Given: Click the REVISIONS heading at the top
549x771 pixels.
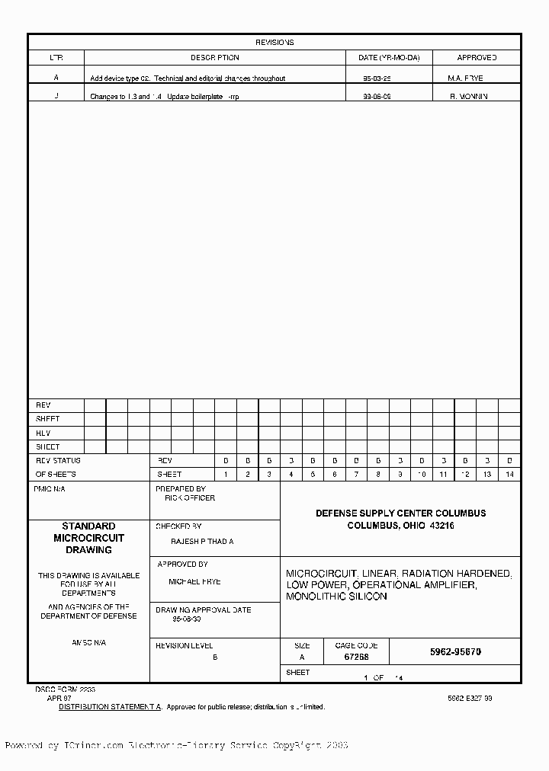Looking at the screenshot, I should click(274, 43).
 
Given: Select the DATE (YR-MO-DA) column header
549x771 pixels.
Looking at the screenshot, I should click(389, 58).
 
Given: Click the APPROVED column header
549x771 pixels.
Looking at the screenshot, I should click(477, 58).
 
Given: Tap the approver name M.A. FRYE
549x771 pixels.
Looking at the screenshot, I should click(466, 78).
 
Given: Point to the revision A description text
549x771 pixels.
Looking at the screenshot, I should click(188, 78).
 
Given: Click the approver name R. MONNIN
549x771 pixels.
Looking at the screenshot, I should click(469, 97).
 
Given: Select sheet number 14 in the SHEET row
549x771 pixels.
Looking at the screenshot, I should click(509, 475).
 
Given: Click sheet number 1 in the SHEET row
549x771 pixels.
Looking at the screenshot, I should click(226, 475).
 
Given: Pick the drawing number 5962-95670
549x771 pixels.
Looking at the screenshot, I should click(455, 652).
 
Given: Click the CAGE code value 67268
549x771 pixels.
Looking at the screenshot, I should click(356, 657).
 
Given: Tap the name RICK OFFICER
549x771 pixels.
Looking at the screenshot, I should click(190, 498).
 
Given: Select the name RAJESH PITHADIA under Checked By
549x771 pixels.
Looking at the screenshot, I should click(202, 541).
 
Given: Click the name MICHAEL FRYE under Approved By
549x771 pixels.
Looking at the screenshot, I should click(194, 581).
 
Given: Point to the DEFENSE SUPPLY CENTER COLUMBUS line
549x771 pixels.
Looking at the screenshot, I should click(400, 513).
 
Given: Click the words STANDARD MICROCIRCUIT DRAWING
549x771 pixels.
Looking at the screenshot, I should click(88, 538).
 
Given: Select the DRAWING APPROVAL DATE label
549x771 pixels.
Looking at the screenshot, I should click(204, 610).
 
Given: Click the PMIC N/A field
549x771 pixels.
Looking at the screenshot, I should click(50, 489).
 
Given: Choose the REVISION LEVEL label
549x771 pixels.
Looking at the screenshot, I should click(185, 645).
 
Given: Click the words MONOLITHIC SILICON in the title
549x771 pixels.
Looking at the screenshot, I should click(336, 597).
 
